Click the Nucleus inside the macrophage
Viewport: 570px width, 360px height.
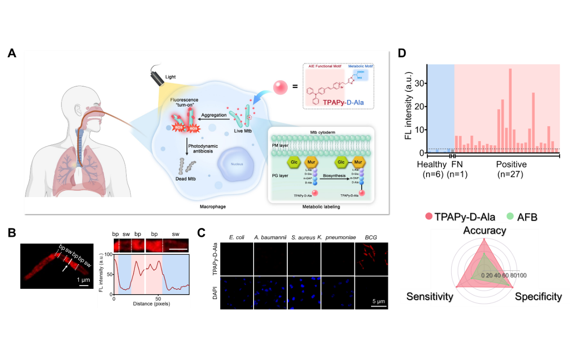(x=237, y=164)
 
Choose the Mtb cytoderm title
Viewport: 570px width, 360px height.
(x=323, y=133)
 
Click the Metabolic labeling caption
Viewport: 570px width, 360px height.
(x=321, y=206)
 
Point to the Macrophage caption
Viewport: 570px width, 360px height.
(x=213, y=206)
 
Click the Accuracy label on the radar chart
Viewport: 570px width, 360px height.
(x=484, y=231)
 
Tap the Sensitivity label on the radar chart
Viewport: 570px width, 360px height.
(x=430, y=296)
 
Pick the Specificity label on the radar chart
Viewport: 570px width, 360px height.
(x=538, y=296)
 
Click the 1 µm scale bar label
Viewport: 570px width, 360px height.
(x=84, y=280)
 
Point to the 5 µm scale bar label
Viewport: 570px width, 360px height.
(x=379, y=301)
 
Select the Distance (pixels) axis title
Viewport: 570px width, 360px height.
(x=152, y=304)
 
